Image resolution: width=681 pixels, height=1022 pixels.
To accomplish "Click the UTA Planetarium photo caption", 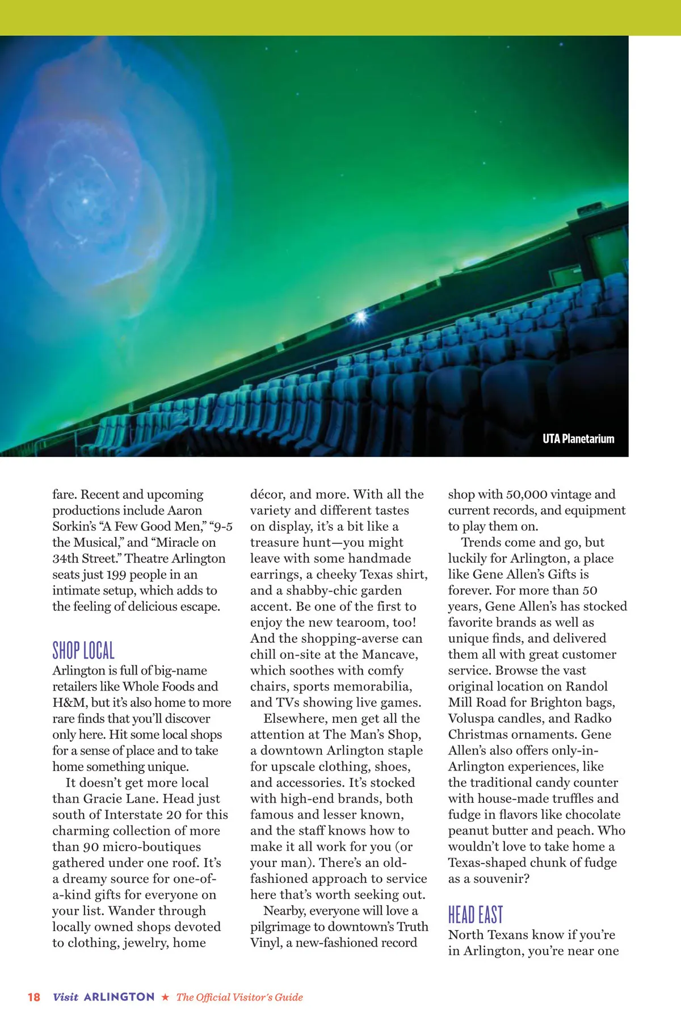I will tap(578, 439).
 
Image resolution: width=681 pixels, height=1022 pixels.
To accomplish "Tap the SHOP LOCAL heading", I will tap(83, 651).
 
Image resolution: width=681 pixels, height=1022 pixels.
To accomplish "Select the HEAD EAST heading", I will tap(476, 915).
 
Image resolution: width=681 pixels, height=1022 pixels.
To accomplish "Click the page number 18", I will tap(34, 997).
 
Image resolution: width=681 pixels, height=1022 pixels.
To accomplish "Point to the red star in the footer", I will tap(165, 997).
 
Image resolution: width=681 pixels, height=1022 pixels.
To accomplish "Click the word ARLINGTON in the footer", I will tap(119, 997).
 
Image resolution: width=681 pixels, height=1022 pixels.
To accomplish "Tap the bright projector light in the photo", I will tap(359, 317).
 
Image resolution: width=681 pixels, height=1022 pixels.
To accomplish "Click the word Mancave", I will tap(390, 655).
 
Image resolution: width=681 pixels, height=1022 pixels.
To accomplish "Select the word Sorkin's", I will tap(74, 526).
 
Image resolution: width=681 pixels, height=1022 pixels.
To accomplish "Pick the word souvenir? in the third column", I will tap(497, 879).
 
